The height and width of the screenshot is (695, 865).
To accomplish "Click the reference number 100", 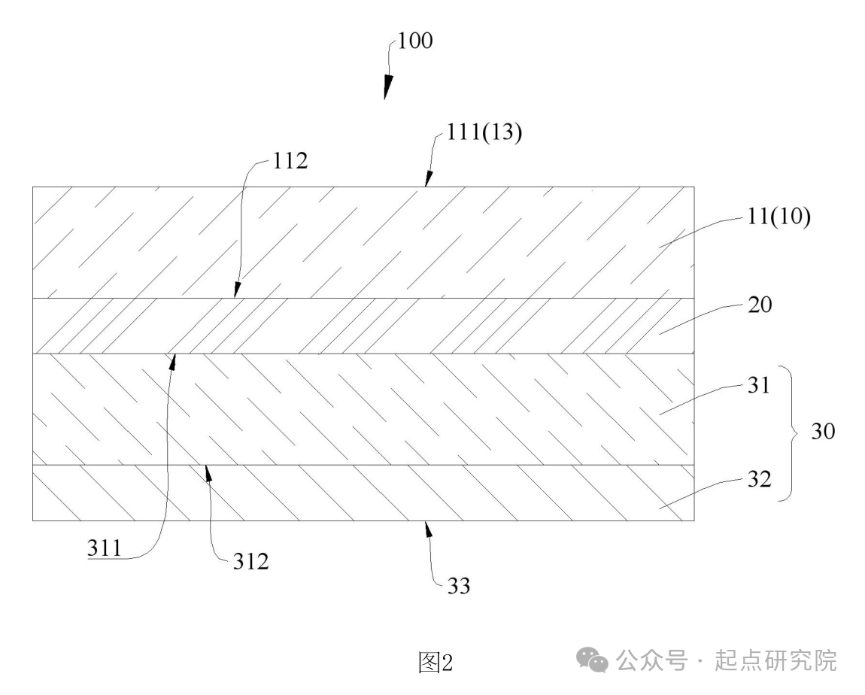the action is click(415, 41).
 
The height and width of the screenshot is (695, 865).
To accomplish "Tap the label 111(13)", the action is click(484, 132).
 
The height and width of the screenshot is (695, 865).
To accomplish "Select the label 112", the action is click(290, 161).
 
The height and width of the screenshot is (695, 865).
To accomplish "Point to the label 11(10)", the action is click(778, 216).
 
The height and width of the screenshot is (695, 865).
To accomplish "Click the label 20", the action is click(760, 305).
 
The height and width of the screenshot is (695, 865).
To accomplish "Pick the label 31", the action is click(758, 385).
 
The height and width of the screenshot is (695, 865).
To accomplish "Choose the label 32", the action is click(759, 479).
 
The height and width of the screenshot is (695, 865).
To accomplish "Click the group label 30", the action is click(823, 431).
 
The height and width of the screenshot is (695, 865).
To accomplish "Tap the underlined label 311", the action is click(105, 548).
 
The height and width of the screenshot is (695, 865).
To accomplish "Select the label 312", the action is click(250, 562).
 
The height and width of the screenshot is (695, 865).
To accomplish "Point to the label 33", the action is click(458, 586).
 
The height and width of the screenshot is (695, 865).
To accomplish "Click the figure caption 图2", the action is click(436, 662).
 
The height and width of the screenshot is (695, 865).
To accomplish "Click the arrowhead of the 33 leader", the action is click(428, 529).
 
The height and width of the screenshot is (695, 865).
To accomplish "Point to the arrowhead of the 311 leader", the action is click(173, 362).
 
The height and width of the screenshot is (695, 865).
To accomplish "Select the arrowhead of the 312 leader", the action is click(208, 473).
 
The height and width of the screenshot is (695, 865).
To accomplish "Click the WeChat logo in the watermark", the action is click(592, 660).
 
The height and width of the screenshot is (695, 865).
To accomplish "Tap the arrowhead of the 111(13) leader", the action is click(428, 179).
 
